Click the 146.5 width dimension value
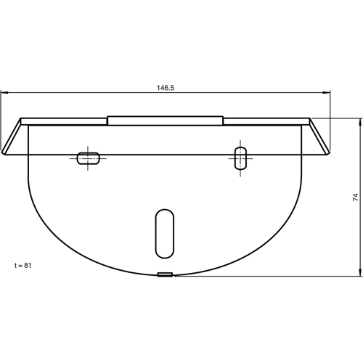pos(166,87)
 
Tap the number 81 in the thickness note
pos(28,266)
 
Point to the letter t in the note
pos(15,266)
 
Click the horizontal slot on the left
pos(89,157)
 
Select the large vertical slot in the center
pos(165,233)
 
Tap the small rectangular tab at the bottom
pos(166,275)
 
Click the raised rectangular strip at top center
pos(165,120)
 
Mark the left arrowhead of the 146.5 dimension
pos(4,92)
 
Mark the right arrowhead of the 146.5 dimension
pos(328,92)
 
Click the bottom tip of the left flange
pos(5,153)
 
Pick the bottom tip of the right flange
pos(327,153)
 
